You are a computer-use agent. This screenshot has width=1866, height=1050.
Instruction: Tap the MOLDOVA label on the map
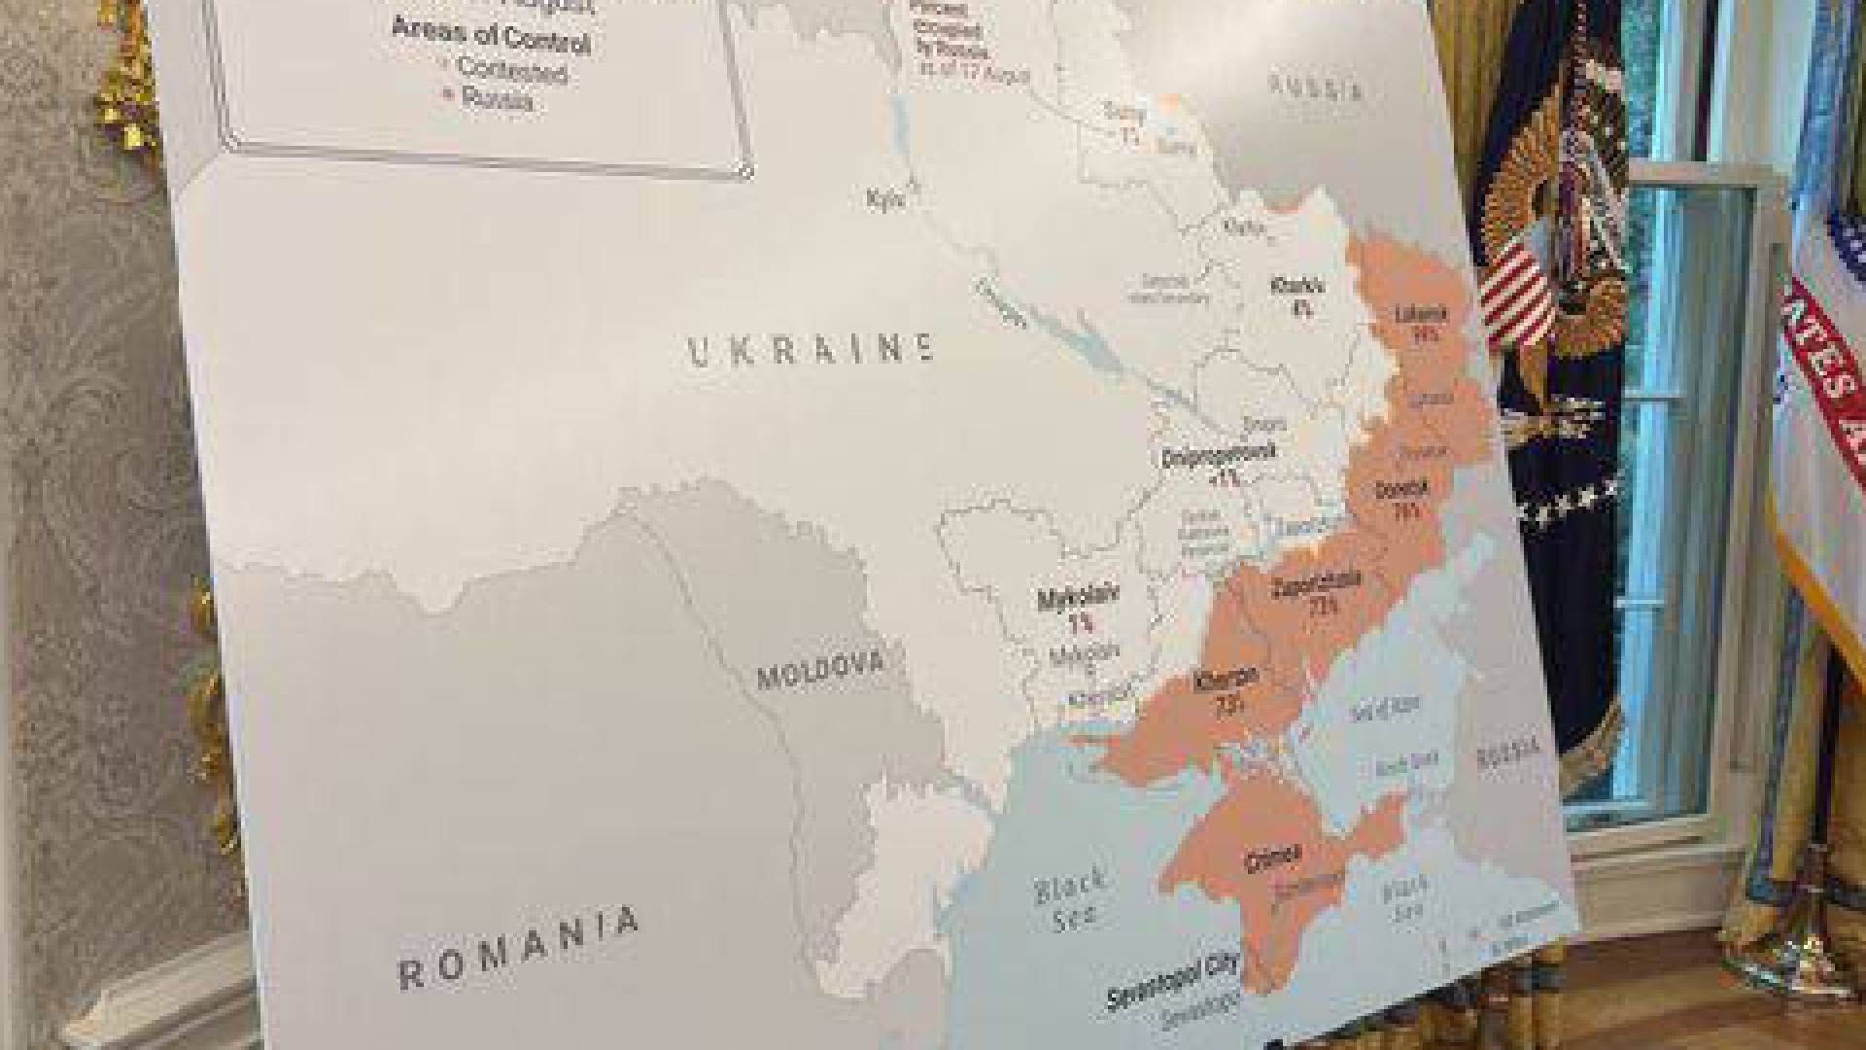[820, 669]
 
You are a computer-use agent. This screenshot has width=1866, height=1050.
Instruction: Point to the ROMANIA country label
[520, 948]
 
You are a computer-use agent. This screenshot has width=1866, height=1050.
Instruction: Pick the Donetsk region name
[1401, 489]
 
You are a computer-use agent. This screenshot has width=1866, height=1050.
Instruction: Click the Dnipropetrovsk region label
[1206, 457]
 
